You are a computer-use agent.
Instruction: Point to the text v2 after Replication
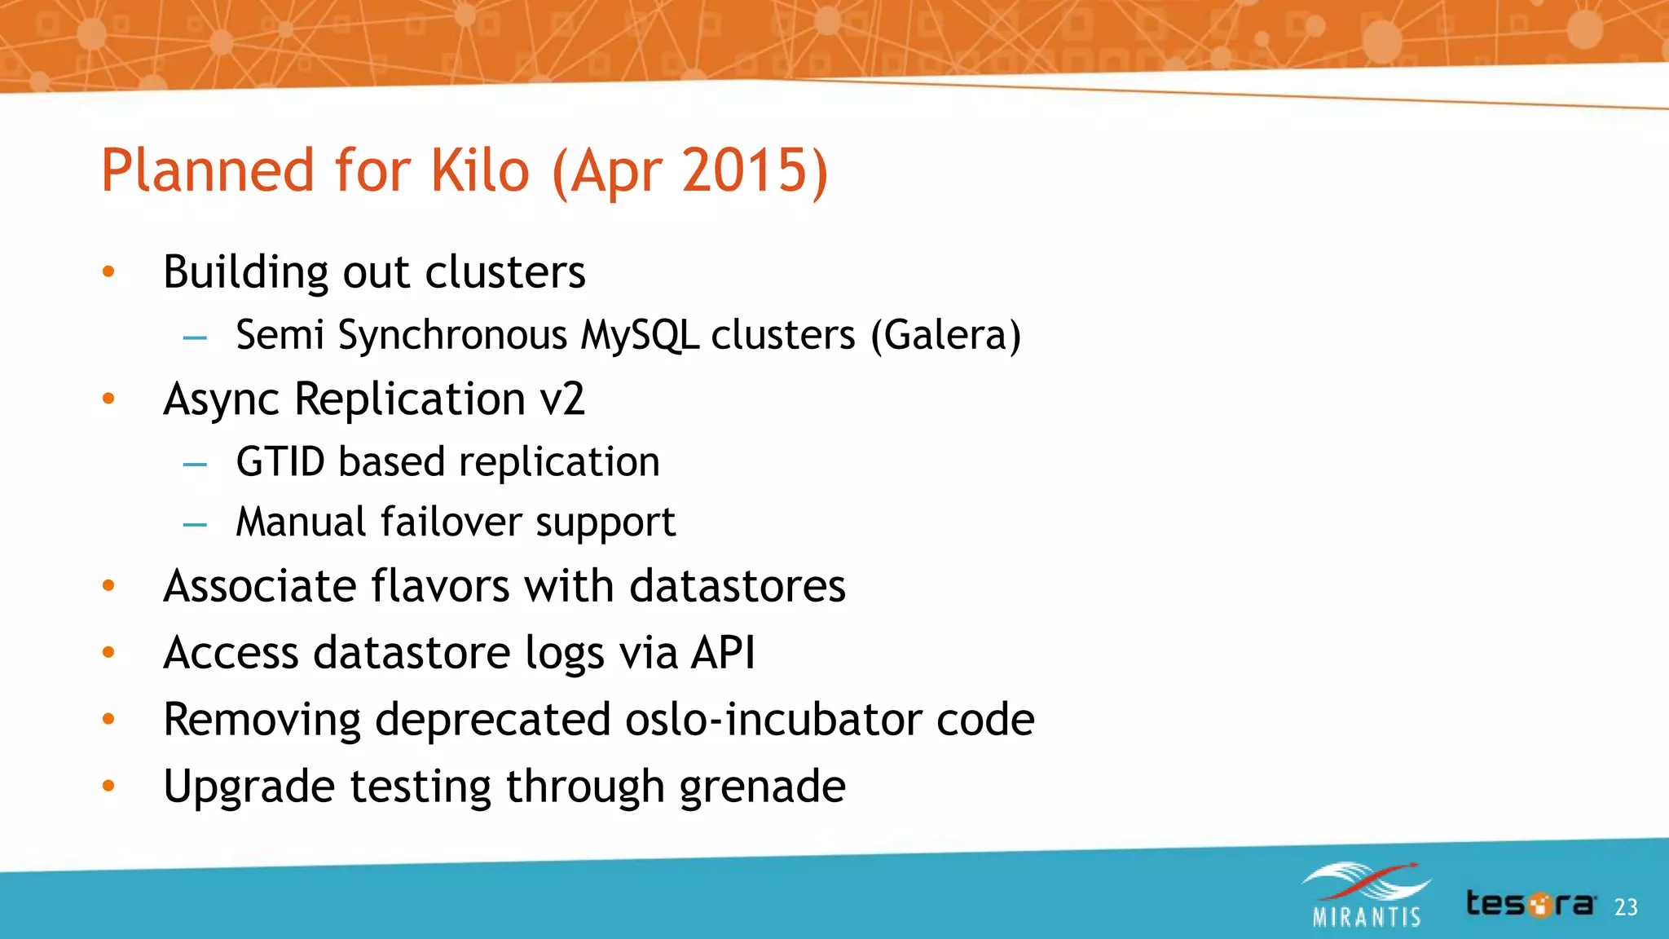(x=562, y=399)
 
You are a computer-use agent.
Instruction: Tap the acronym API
(x=723, y=653)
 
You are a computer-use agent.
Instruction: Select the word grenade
(x=762, y=787)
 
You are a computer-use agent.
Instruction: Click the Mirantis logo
(x=1367, y=895)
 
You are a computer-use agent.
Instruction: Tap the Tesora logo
(x=1530, y=904)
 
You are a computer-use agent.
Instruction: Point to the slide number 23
(x=1625, y=907)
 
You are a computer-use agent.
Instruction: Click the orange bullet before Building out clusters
(x=108, y=272)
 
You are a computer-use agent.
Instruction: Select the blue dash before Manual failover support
(x=195, y=525)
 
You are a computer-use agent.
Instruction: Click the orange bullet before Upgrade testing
(x=108, y=786)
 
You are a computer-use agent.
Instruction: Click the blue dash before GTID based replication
(x=195, y=465)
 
